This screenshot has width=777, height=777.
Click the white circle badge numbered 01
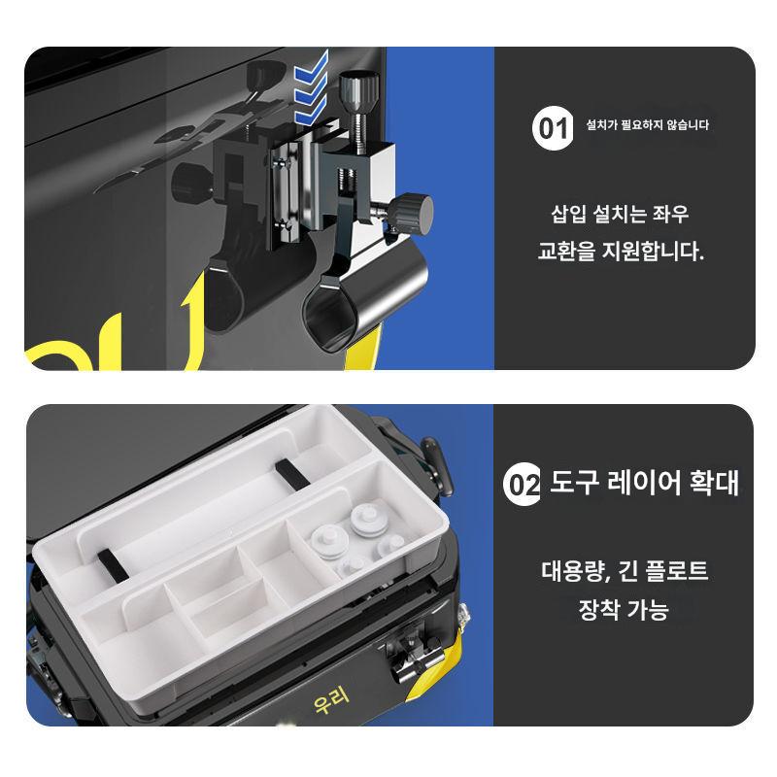pyautogui.click(x=553, y=128)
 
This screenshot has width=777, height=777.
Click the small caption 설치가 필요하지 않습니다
pyautogui.click(x=647, y=124)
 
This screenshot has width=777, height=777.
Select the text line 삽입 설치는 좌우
pyautogui.click(x=620, y=214)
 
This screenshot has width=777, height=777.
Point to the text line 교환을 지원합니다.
pyautogui.click(x=621, y=252)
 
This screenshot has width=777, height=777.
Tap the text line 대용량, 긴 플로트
pyautogui.click(x=625, y=571)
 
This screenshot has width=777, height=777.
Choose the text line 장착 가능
pyautogui.click(x=624, y=609)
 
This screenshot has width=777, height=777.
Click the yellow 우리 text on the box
pyautogui.click(x=331, y=699)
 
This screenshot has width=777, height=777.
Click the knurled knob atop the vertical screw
pyautogui.click(x=359, y=90)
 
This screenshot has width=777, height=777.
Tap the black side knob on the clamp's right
pyautogui.click(x=413, y=214)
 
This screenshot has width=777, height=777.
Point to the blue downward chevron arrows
pyautogui.click(x=311, y=87)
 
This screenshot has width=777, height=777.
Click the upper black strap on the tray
pyautogui.click(x=291, y=473)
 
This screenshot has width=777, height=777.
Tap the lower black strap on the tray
pyautogui.click(x=113, y=566)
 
